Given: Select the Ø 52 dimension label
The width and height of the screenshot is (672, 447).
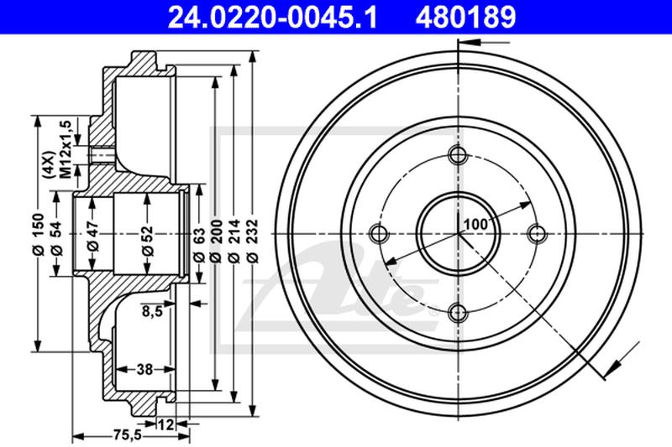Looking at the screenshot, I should (x=147, y=232).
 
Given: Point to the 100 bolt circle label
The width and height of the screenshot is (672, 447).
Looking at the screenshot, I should (x=475, y=225).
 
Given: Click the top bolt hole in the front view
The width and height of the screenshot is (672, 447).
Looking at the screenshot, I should (x=458, y=154).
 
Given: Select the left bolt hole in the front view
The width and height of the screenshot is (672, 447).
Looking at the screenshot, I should (x=378, y=232).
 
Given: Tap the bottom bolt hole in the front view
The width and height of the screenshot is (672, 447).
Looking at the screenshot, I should (x=458, y=312).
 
